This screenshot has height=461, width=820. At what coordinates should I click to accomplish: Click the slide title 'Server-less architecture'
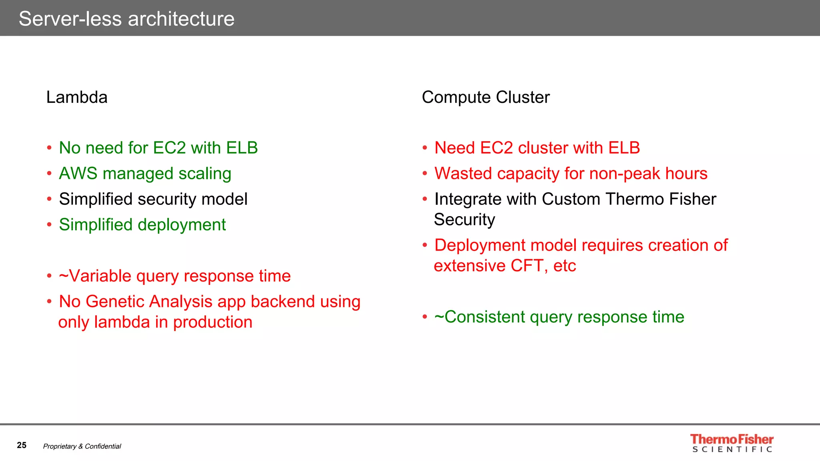pos(127,19)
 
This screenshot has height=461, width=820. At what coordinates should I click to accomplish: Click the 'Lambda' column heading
pos(77,97)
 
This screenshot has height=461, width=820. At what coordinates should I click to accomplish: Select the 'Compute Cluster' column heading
pos(486,97)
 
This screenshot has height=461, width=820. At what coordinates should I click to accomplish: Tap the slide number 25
pos(22,445)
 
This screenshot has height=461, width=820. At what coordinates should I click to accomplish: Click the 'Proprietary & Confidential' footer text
pos(82,446)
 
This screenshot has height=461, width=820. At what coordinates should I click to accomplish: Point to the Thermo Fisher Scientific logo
pos(732,443)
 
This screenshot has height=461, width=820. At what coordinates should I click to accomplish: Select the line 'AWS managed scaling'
pos(145,174)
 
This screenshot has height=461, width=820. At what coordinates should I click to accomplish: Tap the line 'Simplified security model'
pos(153,199)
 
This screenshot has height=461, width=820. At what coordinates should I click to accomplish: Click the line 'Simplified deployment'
pos(142,225)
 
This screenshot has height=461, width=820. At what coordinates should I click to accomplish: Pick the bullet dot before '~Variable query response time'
pos(49,276)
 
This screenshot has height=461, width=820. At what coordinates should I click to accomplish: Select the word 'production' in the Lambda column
pos(213,323)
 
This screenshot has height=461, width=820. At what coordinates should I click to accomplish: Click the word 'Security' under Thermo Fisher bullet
pos(464,220)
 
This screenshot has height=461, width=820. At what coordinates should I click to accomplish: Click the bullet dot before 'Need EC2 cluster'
pos(425,148)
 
